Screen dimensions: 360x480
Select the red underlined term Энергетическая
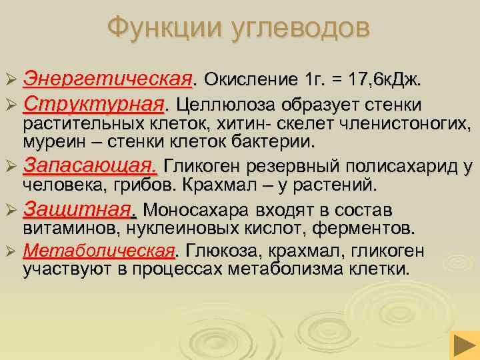coord(107,80)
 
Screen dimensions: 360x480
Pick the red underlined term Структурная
coord(93,105)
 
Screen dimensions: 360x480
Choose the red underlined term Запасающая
coord(91,165)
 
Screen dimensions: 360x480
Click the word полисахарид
coord(397,166)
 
